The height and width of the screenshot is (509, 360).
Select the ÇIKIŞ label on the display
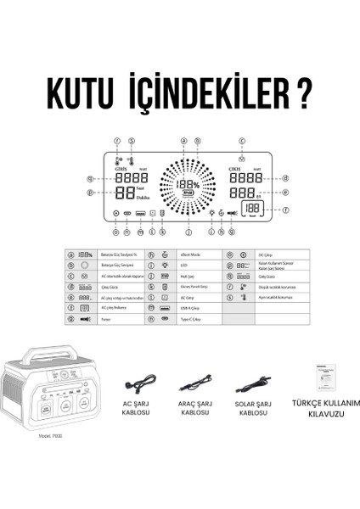point(239,168)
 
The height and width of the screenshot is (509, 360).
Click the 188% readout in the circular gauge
point(186,183)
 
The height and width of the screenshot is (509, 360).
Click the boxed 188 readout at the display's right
point(250,209)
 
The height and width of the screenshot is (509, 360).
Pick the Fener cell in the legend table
point(106,321)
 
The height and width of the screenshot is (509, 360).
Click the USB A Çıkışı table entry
point(189,310)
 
